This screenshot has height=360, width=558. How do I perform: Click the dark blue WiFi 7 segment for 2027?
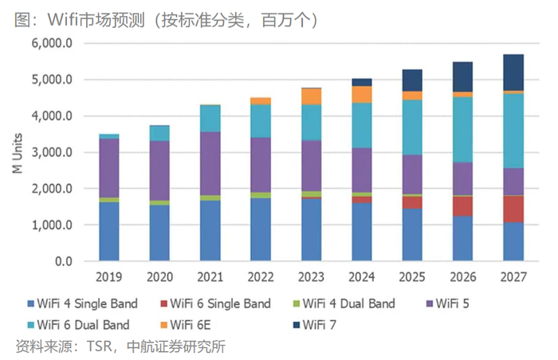(x=513, y=72)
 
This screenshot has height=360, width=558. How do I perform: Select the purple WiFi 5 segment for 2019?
(x=109, y=167)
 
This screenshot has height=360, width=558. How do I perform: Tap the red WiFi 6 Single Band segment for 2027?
(x=513, y=209)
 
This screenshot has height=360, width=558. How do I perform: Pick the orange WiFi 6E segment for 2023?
(x=311, y=96)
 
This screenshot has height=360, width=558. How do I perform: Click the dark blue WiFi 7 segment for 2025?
(x=412, y=80)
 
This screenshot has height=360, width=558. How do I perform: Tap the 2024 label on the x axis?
(x=361, y=278)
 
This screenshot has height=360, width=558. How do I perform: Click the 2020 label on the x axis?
(x=159, y=278)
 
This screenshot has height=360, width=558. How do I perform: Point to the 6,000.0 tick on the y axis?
(x=50, y=43)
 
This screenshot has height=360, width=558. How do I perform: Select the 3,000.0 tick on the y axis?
(x=50, y=152)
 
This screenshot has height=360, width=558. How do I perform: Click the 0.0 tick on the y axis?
(x=62, y=261)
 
